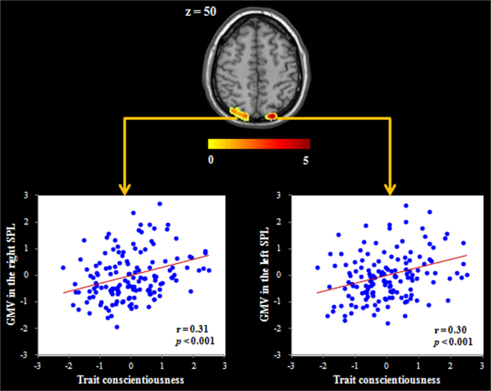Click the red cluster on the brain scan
(272, 115)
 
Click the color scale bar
(259, 143)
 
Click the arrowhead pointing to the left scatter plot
(125, 189)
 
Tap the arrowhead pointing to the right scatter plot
(391, 189)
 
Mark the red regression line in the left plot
(136, 273)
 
